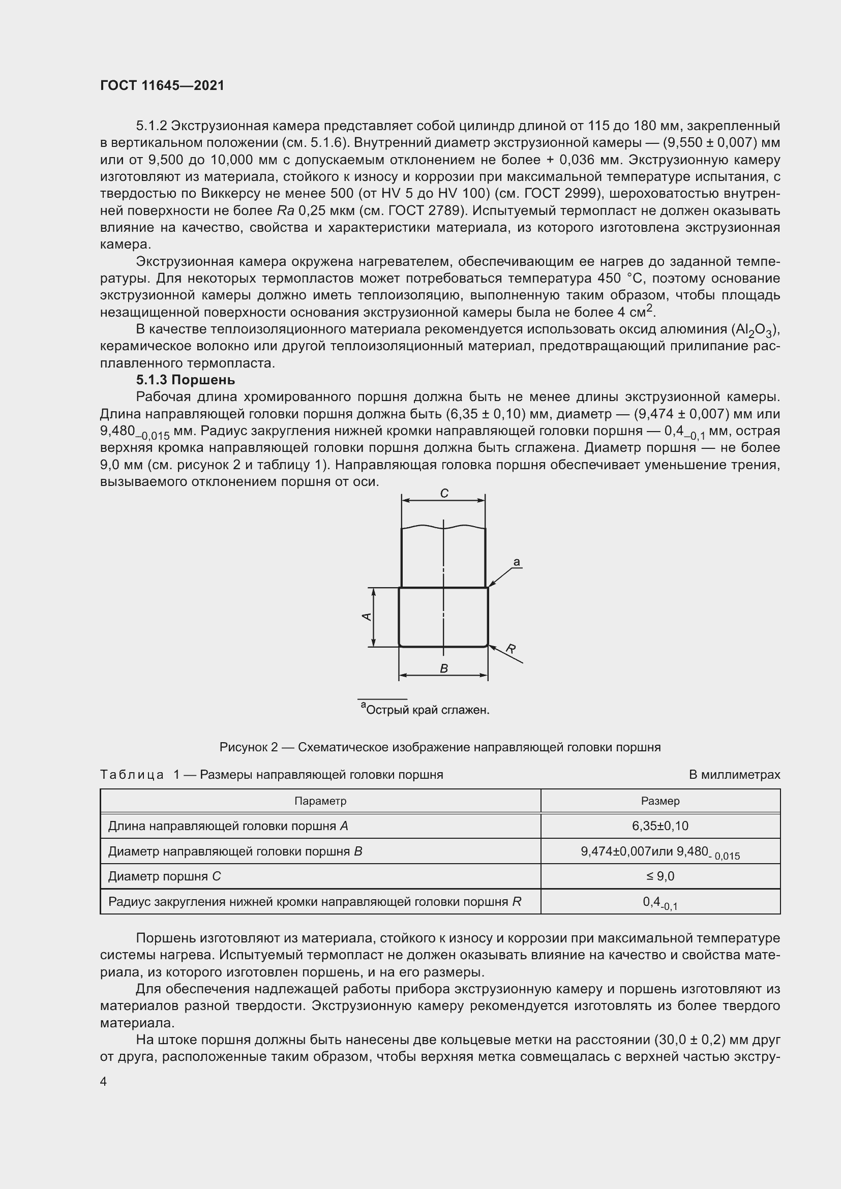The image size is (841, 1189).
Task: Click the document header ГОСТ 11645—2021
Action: pos(162,86)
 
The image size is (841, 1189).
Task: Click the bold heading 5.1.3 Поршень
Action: pos(186,380)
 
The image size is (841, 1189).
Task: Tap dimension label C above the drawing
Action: pos(444,494)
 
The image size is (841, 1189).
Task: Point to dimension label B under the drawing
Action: pos(443,668)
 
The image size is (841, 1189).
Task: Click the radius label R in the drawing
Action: pos(510,648)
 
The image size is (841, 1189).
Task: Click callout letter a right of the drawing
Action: pos(516,562)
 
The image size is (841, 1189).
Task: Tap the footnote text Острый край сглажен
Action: pos(427,710)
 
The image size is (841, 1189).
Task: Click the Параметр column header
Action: pos(320,801)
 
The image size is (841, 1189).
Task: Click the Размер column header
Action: pos(660,801)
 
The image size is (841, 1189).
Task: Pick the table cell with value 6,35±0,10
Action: pos(660,826)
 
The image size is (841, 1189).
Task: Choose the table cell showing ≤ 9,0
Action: pos(660,876)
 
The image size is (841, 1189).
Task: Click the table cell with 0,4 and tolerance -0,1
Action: pos(660,902)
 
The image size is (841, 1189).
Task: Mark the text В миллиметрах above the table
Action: pos(734,775)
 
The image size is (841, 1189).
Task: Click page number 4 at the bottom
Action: pos(104,1082)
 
